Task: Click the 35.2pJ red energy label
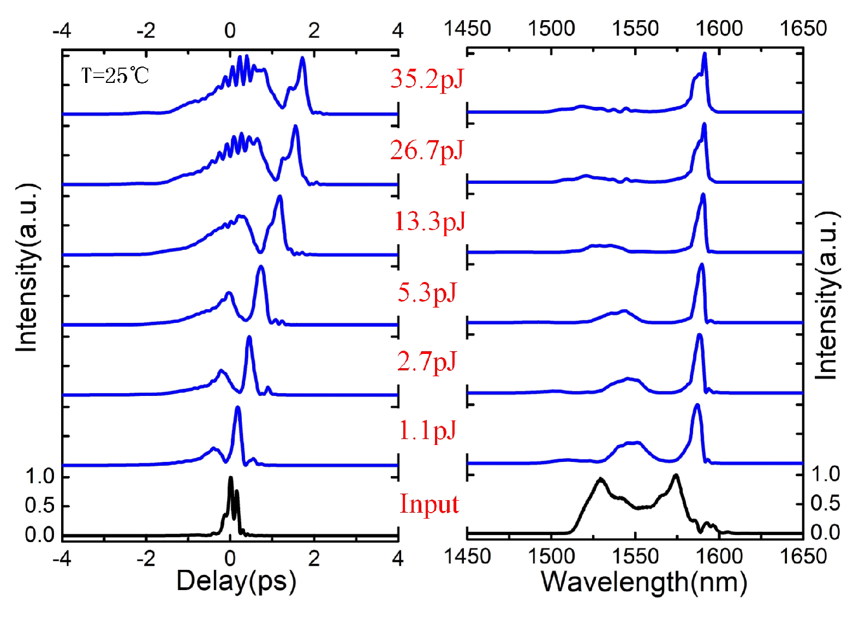[x=426, y=79]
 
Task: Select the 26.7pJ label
[x=426, y=151]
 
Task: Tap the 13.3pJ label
[x=429, y=221]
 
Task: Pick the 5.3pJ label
[x=427, y=292]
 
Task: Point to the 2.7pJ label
[x=426, y=362]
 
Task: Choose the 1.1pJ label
[x=427, y=431]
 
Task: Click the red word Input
[x=429, y=504]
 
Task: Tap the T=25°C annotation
[x=115, y=75]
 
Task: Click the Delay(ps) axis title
[x=236, y=581]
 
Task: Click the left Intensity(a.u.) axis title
[x=26, y=267]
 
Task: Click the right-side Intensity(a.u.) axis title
[x=826, y=295]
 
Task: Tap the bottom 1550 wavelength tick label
[x=635, y=557]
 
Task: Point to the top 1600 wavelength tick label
[x=719, y=28]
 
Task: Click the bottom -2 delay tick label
[x=145, y=558]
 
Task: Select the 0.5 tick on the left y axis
[x=40, y=506]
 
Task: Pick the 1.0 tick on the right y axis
[x=825, y=474]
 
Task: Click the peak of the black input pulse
[x=230, y=478]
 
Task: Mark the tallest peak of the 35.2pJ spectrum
[x=705, y=54]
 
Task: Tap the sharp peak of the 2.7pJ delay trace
[x=249, y=338]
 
